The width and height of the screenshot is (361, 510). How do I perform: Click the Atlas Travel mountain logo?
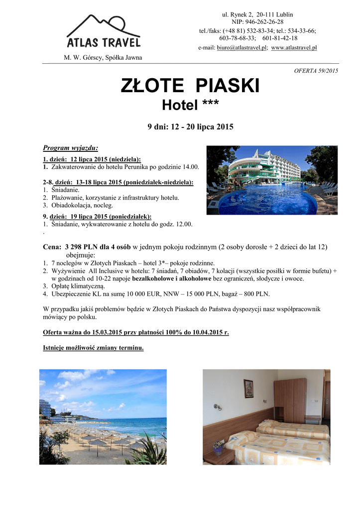pos(103,30)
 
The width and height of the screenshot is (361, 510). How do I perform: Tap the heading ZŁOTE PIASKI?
pos(190,86)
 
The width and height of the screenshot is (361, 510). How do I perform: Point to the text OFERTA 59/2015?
pos(316,71)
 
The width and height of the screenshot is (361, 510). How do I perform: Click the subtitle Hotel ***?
pos(190,105)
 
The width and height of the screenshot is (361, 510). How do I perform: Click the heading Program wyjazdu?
pos(71,148)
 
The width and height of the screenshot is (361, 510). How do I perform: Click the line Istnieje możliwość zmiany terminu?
pos(94,348)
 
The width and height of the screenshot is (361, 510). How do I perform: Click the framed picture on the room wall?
pos(248,388)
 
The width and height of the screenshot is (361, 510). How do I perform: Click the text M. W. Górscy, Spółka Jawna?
pos(103,57)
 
